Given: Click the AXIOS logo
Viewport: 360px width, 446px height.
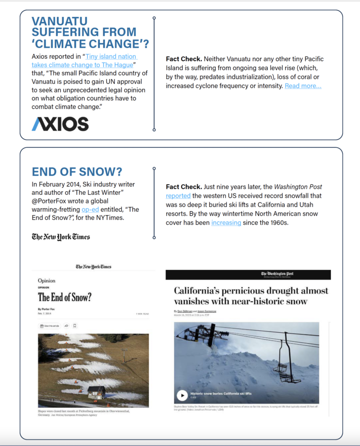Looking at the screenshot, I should [x=60, y=124].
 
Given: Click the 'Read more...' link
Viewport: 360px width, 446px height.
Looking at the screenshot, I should [x=303, y=86].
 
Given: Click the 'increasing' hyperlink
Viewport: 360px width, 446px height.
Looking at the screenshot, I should [x=226, y=223].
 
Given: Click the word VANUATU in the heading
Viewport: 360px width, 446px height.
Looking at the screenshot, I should [x=59, y=21].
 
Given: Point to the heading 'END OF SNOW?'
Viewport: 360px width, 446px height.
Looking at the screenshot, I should [x=77, y=172].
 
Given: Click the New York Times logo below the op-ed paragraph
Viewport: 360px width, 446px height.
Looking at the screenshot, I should [x=61, y=236].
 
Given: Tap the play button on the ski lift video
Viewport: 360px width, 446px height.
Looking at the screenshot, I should [x=182, y=395].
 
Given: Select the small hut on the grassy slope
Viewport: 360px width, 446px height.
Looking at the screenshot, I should [x=96, y=392].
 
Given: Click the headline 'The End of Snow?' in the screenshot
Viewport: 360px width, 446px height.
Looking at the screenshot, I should [x=64, y=297].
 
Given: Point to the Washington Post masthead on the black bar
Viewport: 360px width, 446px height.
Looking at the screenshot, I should [x=277, y=274].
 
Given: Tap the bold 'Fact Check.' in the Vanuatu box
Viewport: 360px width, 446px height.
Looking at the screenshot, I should [x=183, y=59].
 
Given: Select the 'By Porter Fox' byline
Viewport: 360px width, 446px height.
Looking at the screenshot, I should [x=47, y=309].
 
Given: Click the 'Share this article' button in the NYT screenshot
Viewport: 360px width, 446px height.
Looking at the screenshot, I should [x=49, y=326].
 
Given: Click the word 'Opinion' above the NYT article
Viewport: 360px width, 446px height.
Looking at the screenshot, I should [x=46, y=281].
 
